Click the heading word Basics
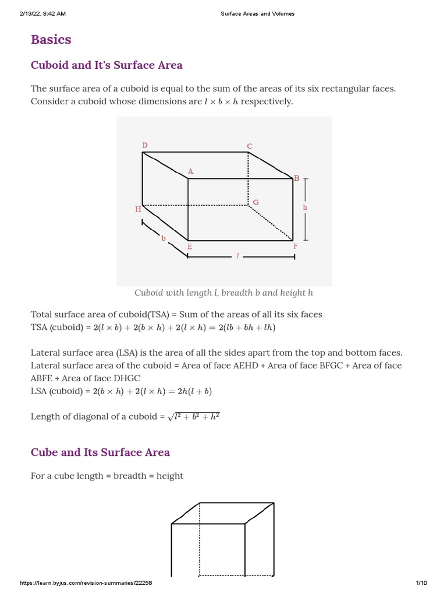click(51, 40)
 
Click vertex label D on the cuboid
click(145, 145)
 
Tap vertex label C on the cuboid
click(250, 146)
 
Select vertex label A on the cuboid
click(190, 171)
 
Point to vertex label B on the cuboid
click(296, 178)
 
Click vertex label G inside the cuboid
click(256, 202)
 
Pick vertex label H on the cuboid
click(138, 209)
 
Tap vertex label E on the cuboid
click(189, 247)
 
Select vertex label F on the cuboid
click(295, 247)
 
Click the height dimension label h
click(304, 207)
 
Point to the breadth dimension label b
click(164, 238)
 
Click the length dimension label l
click(237, 257)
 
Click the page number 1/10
click(421, 583)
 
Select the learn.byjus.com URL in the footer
click(86, 583)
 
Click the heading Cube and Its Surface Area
click(100, 452)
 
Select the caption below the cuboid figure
click(224, 293)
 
